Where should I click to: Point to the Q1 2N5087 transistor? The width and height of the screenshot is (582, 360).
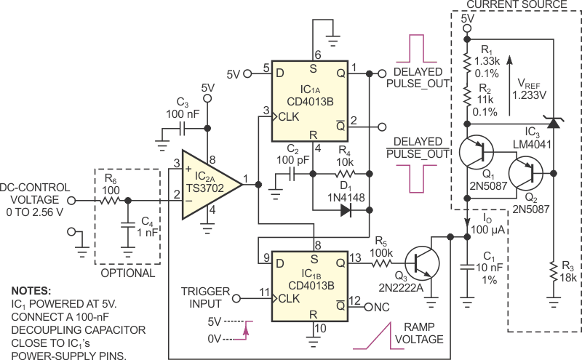tap(476, 152)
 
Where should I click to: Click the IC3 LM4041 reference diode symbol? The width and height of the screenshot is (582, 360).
tap(554, 123)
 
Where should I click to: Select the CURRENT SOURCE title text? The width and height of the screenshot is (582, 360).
tap(517, 5)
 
